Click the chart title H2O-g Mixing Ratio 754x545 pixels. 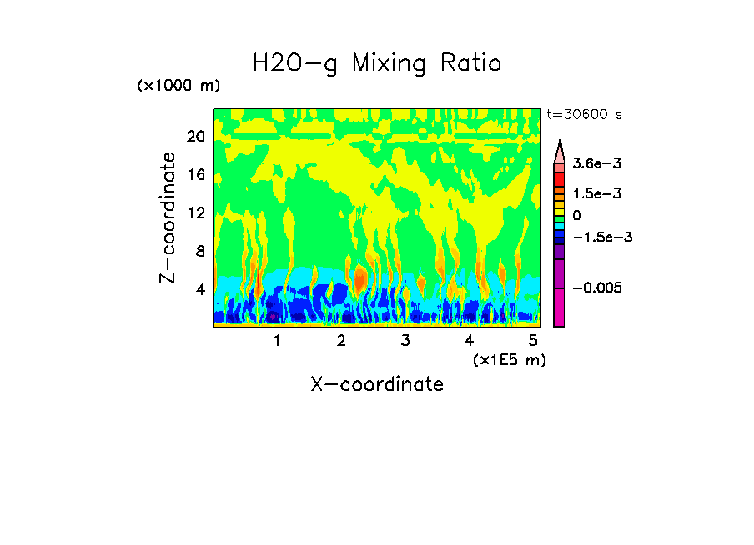coord(377,62)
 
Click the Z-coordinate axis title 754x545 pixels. coord(168,217)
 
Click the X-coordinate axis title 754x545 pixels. coord(377,384)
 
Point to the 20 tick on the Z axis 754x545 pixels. coord(195,137)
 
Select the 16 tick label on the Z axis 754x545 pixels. coord(195,175)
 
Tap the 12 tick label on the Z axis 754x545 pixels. coord(195,213)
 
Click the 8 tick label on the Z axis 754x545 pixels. coord(199,251)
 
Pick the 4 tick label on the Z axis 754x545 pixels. coord(199,289)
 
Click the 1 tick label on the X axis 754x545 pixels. coord(277,340)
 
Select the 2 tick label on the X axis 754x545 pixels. coord(341,340)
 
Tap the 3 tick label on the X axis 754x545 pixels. coord(405,340)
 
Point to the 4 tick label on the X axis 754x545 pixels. coord(469,340)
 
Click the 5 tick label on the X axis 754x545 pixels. coord(532,340)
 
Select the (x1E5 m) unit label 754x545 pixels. coord(509,359)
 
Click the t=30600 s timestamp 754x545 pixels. coord(585,113)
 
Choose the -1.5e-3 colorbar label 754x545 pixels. coord(601,237)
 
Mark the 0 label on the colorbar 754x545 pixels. coord(576,215)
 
